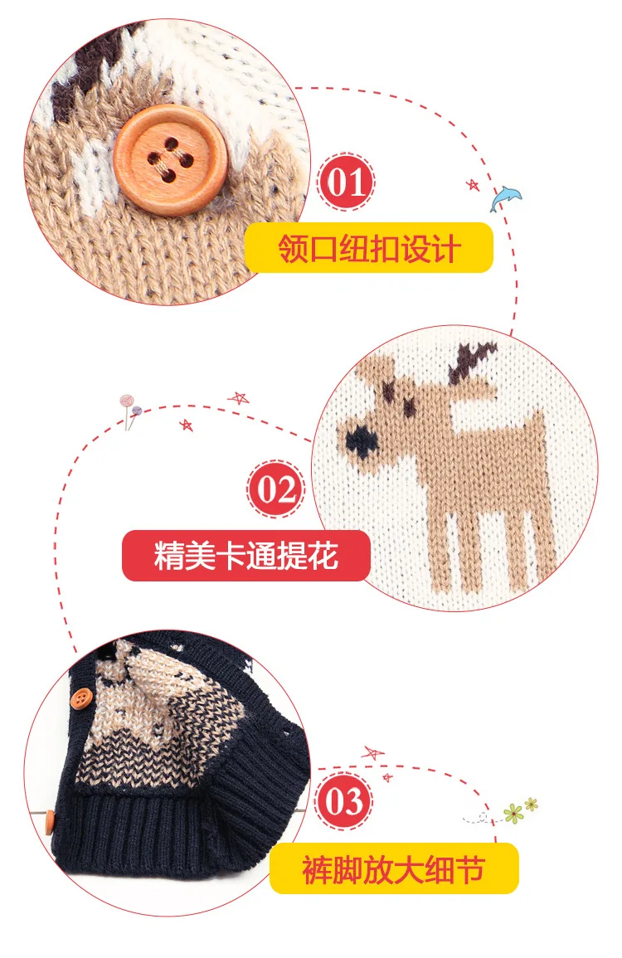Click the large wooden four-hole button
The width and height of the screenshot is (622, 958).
pyautogui.click(x=171, y=160)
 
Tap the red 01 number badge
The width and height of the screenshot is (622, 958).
pyautogui.click(x=347, y=182)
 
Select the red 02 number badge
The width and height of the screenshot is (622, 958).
pyautogui.click(x=275, y=489)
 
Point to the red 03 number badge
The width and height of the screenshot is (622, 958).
pyautogui.click(x=344, y=801)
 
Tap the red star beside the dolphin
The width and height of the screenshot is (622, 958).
pyautogui.click(x=473, y=184)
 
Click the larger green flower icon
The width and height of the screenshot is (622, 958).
pyautogui.click(x=513, y=813)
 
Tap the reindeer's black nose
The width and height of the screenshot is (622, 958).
pyautogui.click(x=361, y=442)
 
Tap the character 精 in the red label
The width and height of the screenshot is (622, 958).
pyautogui.click(x=169, y=556)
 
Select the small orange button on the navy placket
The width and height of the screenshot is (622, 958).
pyautogui.click(x=80, y=698)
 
